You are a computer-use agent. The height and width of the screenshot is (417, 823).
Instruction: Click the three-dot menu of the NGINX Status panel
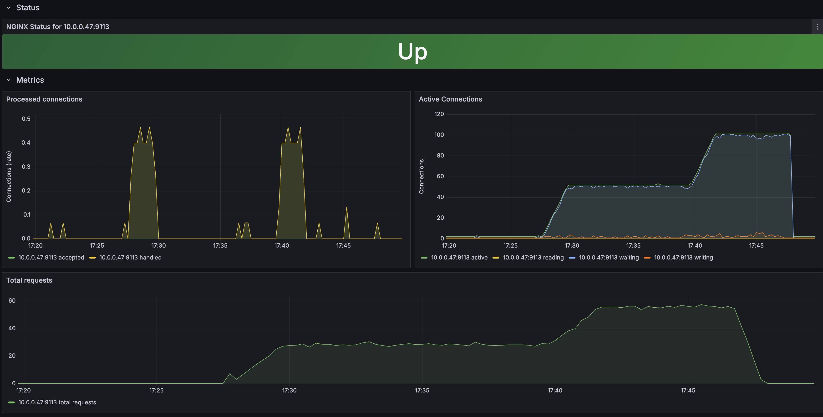817,26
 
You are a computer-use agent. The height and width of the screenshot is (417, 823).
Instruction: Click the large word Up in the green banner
412,51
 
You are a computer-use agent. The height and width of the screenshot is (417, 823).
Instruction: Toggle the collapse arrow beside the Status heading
9,8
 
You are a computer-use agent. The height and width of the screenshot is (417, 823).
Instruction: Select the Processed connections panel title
44,99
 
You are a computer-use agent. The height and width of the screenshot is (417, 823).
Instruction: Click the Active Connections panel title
450,99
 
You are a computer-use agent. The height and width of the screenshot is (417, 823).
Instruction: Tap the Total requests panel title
29,280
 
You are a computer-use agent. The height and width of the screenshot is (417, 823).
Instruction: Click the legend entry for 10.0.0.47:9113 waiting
608,258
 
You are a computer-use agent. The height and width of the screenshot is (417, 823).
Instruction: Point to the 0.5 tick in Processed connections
26,119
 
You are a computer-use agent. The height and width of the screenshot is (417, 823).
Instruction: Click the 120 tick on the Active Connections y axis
439,114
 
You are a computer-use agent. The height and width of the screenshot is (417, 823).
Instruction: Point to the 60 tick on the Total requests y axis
12,301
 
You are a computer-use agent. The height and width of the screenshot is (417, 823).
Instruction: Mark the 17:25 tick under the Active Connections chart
510,246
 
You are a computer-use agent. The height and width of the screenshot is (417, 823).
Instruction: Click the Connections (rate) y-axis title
9,176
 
